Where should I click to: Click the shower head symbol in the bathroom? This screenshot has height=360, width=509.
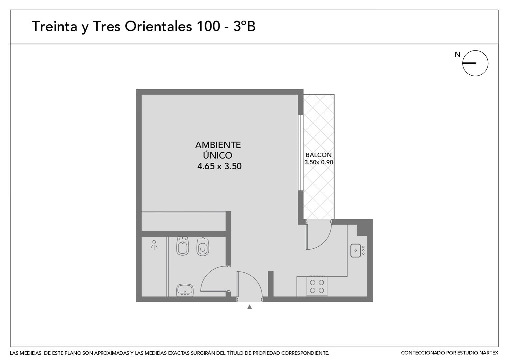click(x=154, y=245)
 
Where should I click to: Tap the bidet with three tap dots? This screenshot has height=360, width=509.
click(x=183, y=246)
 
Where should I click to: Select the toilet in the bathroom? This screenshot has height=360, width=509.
click(x=203, y=247)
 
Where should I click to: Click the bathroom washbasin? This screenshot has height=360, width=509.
click(x=185, y=290)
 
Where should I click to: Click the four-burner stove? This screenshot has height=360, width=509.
click(x=317, y=286)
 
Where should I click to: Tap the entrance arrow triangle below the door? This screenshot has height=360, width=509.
click(x=250, y=307)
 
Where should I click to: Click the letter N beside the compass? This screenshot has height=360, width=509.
click(x=457, y=55)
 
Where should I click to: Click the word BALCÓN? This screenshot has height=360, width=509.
click(x=318, y=155)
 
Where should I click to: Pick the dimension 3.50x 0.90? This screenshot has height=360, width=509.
click(x=318, y=162)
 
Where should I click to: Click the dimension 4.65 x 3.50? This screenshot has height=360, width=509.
click(x=219, y=166)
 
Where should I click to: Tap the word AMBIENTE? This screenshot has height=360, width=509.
click(x=218, y=145)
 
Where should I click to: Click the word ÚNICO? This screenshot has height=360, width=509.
click(x=218, y=155)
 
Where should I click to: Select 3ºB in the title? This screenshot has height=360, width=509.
click(x=244, y=26)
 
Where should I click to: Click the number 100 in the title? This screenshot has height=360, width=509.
click(x=209, y=26)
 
